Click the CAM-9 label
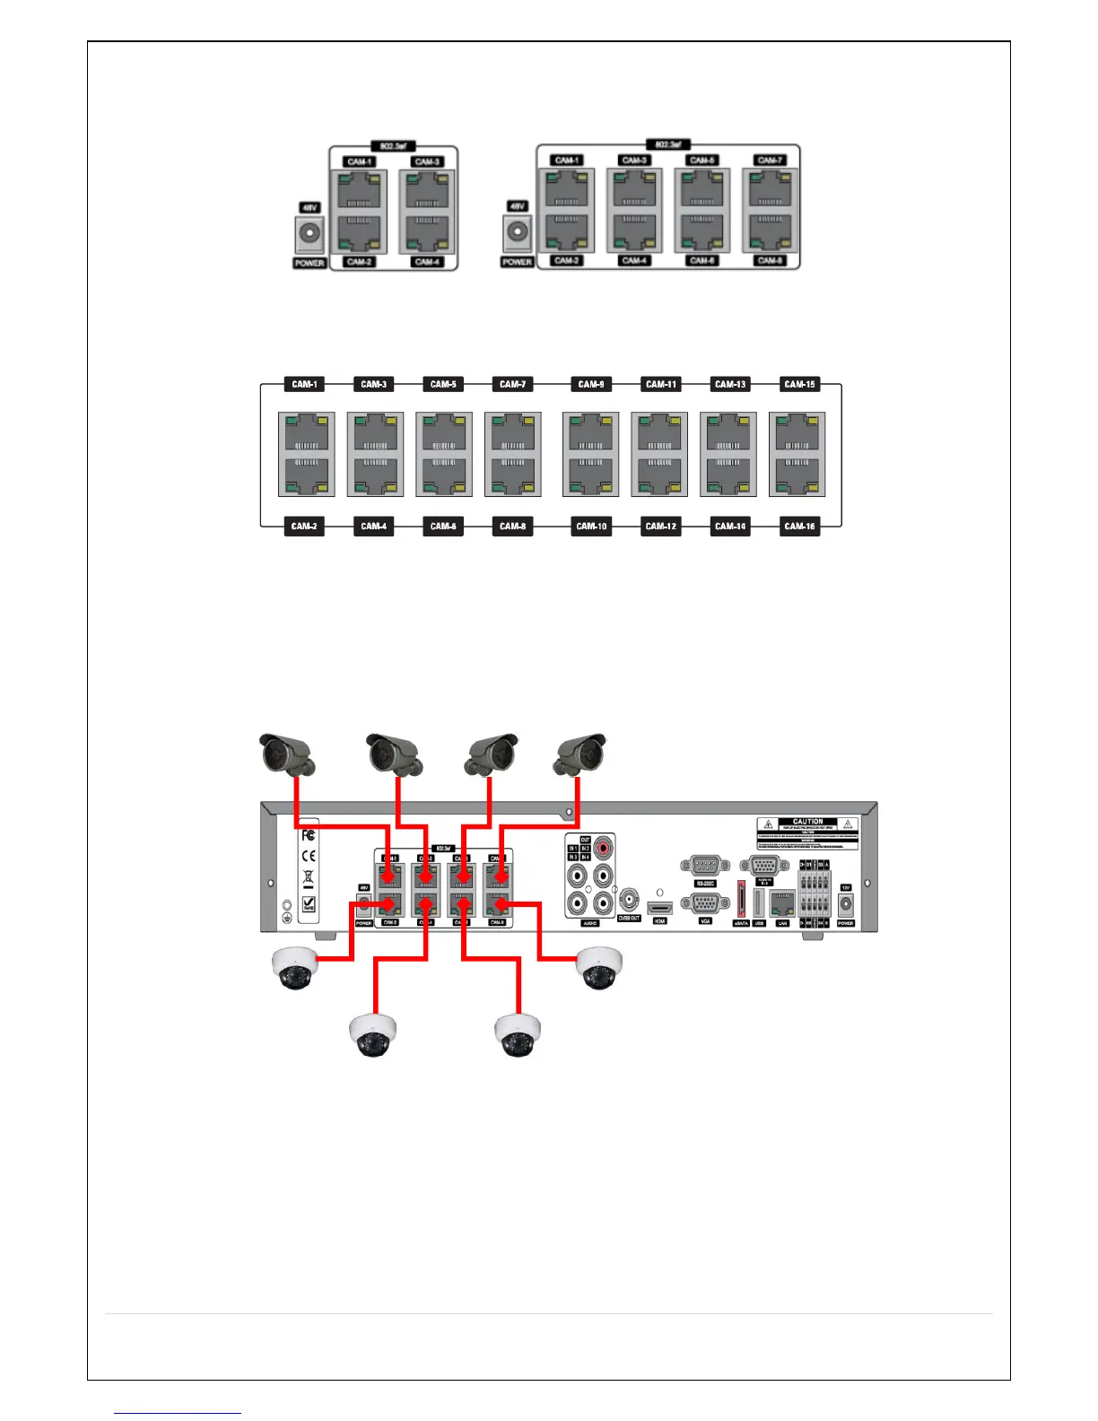591,384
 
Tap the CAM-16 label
799,526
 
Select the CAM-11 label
661,384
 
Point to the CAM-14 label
730,526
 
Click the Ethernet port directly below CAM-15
797,434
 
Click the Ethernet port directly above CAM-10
590,475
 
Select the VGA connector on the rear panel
705,903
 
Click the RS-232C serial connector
705,866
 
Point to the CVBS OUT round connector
630,899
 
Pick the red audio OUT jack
605,846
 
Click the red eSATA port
742,900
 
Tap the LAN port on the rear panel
782,903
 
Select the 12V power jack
845,905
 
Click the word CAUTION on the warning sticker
807,822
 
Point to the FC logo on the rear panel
309,835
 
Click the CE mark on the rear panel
309,856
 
